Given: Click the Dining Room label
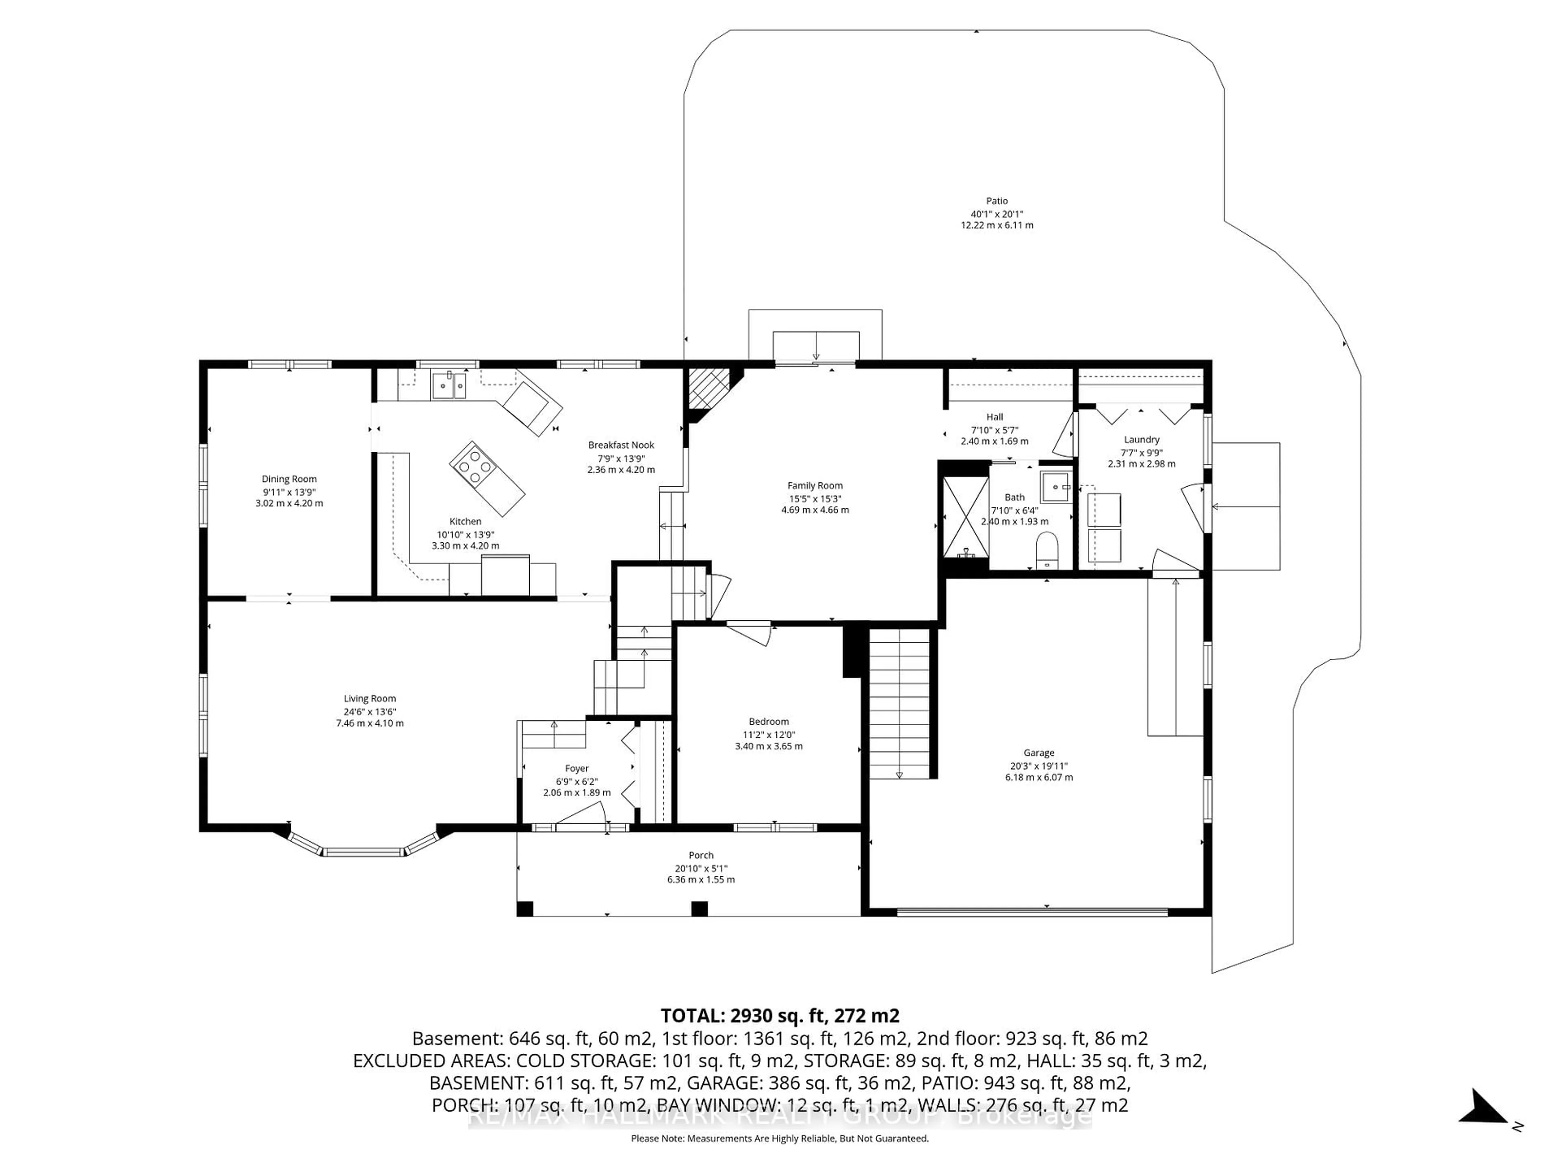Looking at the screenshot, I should [x=289, y=479].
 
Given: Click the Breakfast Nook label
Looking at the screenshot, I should [x=621, y=445].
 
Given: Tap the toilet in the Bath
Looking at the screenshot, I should [x=1047, y=551].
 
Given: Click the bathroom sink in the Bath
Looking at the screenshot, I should [x=1056, y=487].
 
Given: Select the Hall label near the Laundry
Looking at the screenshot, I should [x=994, y=417].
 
